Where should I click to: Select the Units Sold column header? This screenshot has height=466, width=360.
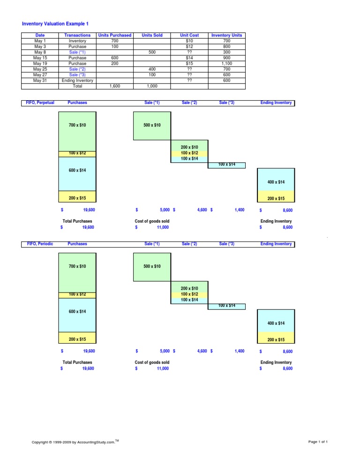pos(152,35)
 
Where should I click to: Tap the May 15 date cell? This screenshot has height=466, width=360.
pos(40,58)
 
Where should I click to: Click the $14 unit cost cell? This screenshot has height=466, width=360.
pos(189,58)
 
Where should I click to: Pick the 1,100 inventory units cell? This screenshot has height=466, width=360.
pos(227,63)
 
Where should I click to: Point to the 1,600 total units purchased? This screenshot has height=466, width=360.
pos(114,86)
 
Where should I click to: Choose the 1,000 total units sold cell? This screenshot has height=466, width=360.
pos(152,86)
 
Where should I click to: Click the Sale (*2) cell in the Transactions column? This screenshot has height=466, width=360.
pos(77,69)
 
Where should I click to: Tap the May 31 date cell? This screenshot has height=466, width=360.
pos(40,80)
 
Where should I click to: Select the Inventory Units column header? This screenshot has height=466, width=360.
pos(227,35)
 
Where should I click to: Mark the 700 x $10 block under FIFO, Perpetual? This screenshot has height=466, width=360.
pos(77,126)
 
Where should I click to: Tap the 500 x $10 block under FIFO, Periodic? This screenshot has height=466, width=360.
pos(152,266)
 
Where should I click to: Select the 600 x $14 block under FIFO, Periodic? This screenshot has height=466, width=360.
pos(77,311)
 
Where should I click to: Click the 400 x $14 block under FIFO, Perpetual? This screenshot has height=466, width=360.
pos(276,182)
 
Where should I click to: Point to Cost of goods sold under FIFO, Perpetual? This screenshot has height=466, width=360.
pos(152,221)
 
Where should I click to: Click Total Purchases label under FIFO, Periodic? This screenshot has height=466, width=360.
pos(77,362)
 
